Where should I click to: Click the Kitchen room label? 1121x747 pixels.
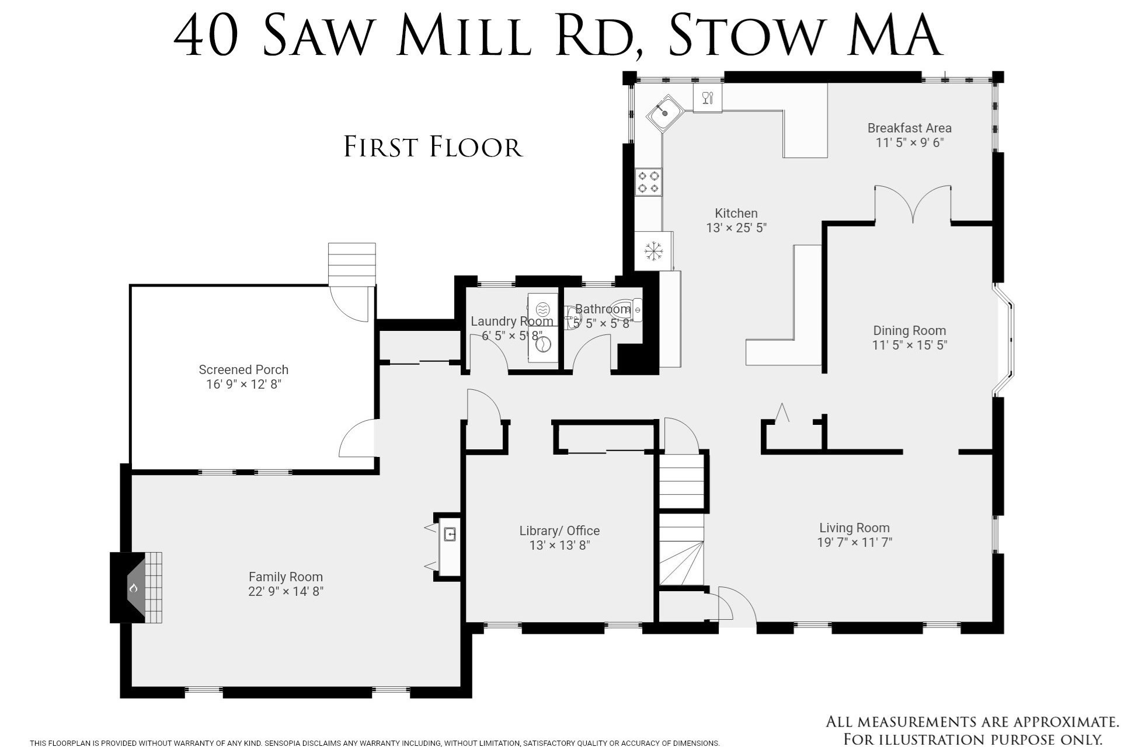[736, 214]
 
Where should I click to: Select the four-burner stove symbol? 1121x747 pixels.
[648, 181]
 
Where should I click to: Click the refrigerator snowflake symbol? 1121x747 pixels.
[653, 251]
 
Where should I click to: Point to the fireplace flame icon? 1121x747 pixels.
[133, 588]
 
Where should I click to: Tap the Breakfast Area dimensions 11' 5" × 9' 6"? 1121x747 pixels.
[909, 143]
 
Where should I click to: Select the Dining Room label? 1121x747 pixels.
[909, 330]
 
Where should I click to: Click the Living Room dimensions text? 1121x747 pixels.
[854, 543]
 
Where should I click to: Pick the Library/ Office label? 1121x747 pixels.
[559, 530]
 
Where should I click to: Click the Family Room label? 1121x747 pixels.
[286, 577]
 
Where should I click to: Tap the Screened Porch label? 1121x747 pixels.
[243, 369]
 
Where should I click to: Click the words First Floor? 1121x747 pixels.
[433, 146]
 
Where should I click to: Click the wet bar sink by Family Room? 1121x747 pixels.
[449, 534]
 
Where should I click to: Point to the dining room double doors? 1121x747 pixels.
[913, 205]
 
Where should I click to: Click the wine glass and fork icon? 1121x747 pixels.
[707, 98]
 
